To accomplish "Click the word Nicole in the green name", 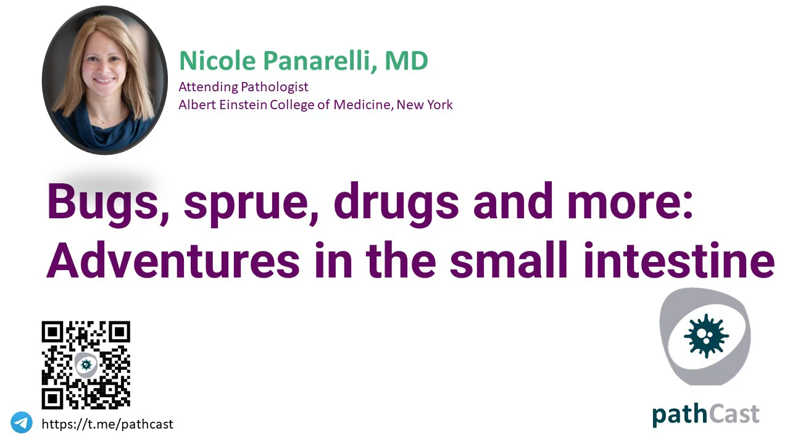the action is pyautogui.click(x=217, y=60).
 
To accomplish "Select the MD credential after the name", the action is pyautogui.click(x=406, y=60).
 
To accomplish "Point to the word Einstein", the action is pyautogui.click(x=243, y=105).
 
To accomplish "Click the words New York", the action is pyautogui.click(x=425, y=105).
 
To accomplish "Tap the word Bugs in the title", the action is pyautogui.click(x=107, y=203).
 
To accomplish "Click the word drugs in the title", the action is pyautogui.click(x=396, y=203).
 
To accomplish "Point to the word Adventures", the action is pyautogui.click(x=173, y=260).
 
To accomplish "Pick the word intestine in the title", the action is pyautogui.click(x=679, y=260).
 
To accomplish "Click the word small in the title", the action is pyautogui.click(x=509, y=260).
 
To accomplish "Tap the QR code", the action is pyautogui.click(x=86, y=365).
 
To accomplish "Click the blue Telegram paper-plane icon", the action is pyautogui.click(x=22, y=422).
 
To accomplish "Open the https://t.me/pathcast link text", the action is pyautogui.click(x=107, y=424).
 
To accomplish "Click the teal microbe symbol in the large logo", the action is pyautogui.click(x=706, y=335).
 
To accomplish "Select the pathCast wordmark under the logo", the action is pyautogui.click(x=705, y=415).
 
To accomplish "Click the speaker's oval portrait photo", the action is pyautogui.click(x=105, y=80).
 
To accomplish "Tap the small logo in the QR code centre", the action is pyautogui.click(x=86, y=364).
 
